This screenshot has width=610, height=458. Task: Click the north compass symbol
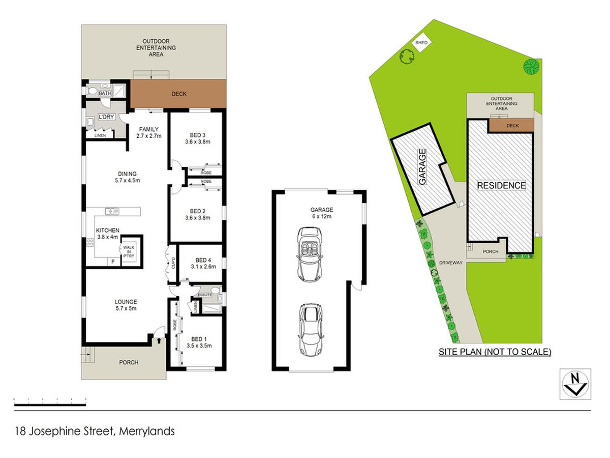(x=575, y=384)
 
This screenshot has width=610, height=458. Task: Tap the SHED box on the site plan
(x=421, y=43)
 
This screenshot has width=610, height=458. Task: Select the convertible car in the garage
(x=310, y=254)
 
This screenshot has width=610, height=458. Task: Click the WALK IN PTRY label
(x=129, y=252)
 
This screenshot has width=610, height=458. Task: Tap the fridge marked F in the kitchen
(x=113, y=262)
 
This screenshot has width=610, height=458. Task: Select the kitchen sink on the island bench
(x=112, y=211)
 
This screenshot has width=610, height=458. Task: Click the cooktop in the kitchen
(x=90, y=242)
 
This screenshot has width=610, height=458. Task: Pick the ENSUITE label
(x=204, y=295)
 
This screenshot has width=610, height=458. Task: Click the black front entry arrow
(x=159, y=340)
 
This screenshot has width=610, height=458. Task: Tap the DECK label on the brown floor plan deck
(x=179, y=94)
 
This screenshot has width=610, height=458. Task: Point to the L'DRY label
(x=106, y=117)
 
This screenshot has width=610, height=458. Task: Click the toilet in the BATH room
(x=91, y=91)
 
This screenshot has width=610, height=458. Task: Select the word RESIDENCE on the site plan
(x=501, y=185)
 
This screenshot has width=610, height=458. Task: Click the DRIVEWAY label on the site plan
(x=451, y=263)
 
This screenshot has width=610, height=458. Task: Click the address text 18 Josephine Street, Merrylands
(x=95, y=432)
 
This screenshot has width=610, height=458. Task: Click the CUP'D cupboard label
(x=173, y=263)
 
